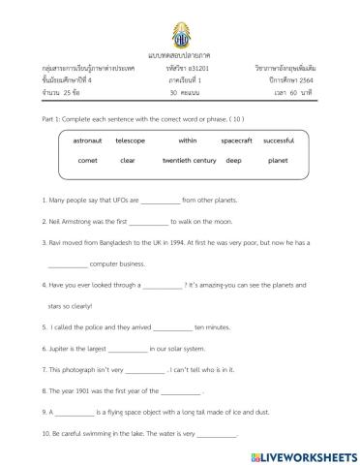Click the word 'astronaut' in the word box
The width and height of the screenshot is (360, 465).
pyautogui.click(x=86, y=140)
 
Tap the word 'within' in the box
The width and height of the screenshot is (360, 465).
pyautogui.click(x=187, y=140)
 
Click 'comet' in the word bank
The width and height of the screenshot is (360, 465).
pyautogui.click(x=87, y=160)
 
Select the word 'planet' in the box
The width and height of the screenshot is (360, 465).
pyautogui.click(x=278, y=160)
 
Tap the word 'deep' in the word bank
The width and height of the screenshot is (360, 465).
pyautogui.click(x=233, y=160)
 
